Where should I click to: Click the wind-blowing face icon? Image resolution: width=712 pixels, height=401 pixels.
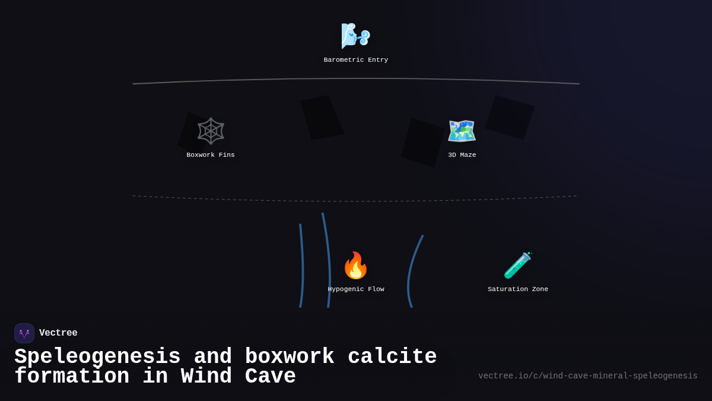(355, 36)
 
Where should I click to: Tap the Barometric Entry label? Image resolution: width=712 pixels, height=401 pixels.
(355, 60)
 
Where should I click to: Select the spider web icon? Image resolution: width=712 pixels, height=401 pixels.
(211, 131)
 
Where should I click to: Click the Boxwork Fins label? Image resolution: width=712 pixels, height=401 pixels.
(211, 155)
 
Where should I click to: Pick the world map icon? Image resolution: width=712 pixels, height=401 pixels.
(462, 131)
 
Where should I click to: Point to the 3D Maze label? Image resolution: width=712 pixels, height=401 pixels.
(462, 155)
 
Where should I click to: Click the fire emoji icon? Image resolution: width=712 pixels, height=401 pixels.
(355, 265)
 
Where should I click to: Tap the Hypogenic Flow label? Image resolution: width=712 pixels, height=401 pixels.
(355, 289)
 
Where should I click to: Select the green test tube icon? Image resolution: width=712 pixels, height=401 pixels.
(518, 265)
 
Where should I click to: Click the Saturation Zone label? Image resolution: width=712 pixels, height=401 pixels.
(518, 289)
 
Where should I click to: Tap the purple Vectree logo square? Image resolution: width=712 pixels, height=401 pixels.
(24, 333)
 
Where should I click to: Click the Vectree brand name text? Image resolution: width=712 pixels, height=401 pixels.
(58, 333)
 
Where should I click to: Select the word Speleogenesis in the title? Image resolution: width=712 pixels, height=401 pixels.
(97, 357)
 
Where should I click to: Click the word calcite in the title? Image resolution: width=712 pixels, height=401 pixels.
(392, 356)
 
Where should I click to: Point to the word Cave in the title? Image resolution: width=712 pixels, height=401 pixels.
(270, 376)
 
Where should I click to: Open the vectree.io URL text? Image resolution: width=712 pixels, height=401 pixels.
(588, 376)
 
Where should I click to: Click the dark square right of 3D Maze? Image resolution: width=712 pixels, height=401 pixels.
(510, 118)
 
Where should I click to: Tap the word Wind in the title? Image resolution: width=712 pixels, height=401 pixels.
(206, 376)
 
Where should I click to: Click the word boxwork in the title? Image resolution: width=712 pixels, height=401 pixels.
(290, 356)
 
